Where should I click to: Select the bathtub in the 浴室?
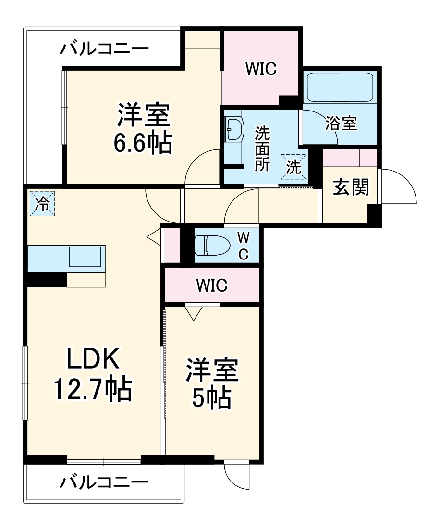pyautogui.click(x=341, y=87)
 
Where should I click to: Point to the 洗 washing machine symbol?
pyautogui.click(x=294, y=166)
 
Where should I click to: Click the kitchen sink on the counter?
pyautogui.click(x=86, y=257)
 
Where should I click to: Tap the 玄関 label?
pyautogui.click(x=351, y=188)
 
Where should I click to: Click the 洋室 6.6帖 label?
pyautogui.click(x=143, y=128)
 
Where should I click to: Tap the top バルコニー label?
pyautogui.click(x=104, y=49)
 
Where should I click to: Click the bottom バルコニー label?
pyautogui.click(x=104, y=482)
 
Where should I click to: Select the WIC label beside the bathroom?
pyautogui.click(x=261, y=69)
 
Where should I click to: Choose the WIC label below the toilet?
pyautogui.click(x=211, y=285)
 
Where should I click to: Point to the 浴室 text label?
pyautogui.click(x=341, y=123)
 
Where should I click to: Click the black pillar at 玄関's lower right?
pyautogui.click(x=375, y=215)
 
